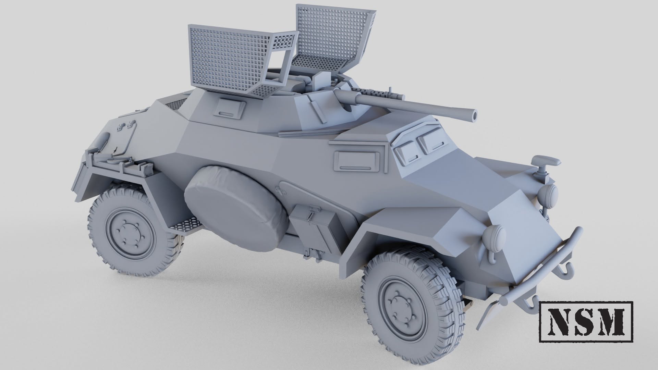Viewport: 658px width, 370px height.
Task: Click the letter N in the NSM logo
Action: pos(561,321)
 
